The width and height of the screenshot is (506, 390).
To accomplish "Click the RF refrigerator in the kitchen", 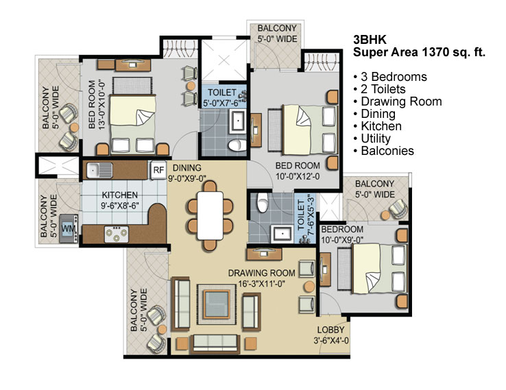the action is coord(158,170).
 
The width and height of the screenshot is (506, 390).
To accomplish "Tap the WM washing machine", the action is coord(69,229).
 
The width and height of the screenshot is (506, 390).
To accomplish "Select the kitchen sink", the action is coord(99,170).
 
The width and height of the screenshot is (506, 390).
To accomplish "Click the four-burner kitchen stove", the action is coord(117,234).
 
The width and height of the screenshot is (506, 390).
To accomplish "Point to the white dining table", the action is coord(210,216).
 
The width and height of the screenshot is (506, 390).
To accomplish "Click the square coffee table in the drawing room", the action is coord(214,304).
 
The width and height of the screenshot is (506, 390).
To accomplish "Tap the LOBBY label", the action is coord(330,330).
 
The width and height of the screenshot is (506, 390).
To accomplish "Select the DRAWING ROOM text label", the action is coord(262,273).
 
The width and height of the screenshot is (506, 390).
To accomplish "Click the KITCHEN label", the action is coord(120,195).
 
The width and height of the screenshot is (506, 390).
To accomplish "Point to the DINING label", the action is coord(187,168).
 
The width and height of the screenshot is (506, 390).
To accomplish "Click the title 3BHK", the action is coord(370,40).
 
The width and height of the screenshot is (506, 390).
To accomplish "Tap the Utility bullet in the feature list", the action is coord(372,138).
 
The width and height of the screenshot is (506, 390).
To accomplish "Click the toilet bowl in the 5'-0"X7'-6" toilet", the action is coord(237,145).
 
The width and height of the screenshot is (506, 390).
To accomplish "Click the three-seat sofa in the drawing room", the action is coord(215,343).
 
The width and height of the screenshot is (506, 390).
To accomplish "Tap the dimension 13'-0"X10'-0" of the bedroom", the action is coord(102,105).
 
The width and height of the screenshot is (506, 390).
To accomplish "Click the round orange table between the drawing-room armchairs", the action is coord(309,287).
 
